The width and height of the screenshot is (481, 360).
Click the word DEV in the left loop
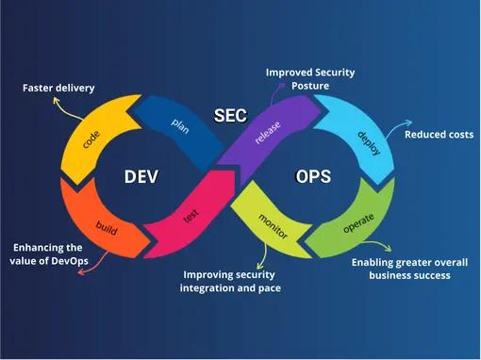pos(141,176)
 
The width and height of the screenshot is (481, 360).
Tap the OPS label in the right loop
pos(313,176)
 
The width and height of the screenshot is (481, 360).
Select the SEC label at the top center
pos(230,115)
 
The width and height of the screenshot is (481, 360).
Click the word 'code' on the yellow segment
pos(91,139)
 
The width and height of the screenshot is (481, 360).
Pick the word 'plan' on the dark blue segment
pos(180,125)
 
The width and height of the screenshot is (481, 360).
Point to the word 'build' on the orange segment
pos(107,228)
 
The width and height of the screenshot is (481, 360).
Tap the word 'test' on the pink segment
pos(191,216)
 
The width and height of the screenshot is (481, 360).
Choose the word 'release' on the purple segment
pos(268,132)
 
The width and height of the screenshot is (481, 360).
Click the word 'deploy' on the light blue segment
pos(369,143)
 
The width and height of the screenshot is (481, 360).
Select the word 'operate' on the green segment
pos(358,223)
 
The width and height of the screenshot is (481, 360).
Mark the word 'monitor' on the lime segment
pos(273,226)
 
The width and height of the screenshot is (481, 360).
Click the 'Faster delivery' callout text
pos(58,88)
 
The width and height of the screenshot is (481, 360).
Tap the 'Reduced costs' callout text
pos(439,135)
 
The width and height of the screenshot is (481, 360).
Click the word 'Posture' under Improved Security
pos(310,86)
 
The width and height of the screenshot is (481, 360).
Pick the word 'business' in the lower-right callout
pos(389,275)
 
